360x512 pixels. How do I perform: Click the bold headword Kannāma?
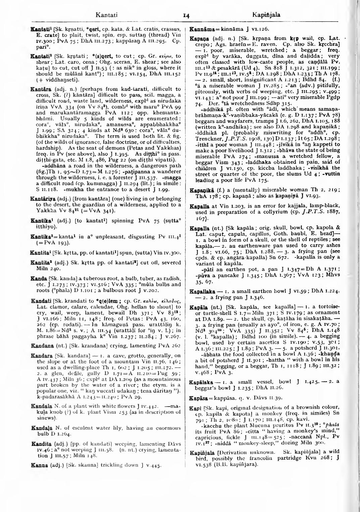point(202,29)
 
